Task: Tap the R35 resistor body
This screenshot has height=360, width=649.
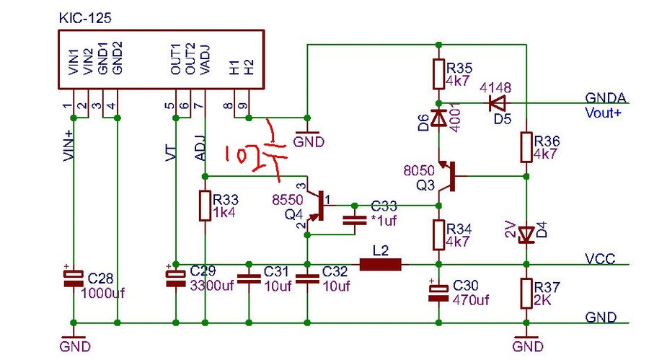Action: [x=438, y=72]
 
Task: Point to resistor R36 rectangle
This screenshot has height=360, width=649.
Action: [x=526, y=146]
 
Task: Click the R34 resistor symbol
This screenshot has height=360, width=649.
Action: [x=438, y=235]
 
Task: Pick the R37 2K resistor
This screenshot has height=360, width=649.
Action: [x=526, y=293]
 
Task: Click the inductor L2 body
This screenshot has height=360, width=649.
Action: [x=380, y=265]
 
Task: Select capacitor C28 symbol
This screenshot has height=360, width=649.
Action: [x=73, y=280]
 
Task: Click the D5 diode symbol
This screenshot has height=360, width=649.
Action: [x=498, y=102]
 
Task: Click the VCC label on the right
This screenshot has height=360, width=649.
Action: [x=601, y=259]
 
